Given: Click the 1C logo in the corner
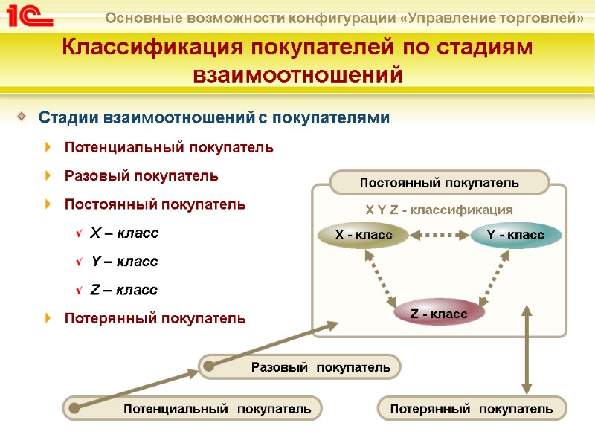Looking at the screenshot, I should [29, 16].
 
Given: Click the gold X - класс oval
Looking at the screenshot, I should [364, 235].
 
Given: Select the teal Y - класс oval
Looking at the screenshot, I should [516, 235].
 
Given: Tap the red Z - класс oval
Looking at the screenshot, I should [439, 314].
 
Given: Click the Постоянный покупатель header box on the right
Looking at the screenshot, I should [439, 182].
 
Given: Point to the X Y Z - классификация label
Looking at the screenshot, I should [440, 210].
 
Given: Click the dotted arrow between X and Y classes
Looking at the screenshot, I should [440, 235].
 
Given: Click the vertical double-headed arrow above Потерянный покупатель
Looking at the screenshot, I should [527, 349].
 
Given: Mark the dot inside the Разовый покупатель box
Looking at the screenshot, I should [210, 366].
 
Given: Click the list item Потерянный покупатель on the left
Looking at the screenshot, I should [155, 318].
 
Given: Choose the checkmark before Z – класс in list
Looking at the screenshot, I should [79, 291].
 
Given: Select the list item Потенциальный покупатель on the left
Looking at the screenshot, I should [169, 147].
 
